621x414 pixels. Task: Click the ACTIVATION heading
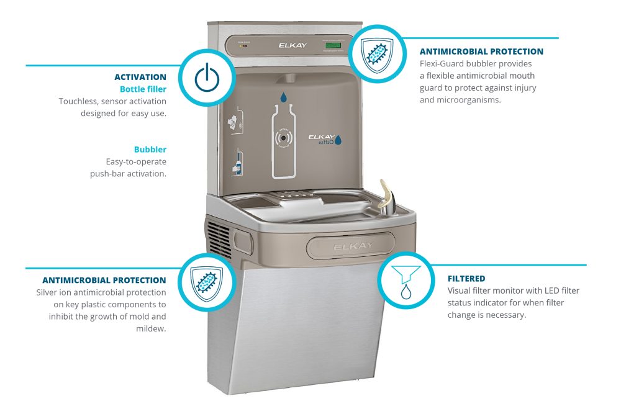point(140,78)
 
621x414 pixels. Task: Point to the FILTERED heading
point(466,279)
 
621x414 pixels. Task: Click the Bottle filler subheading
point(143,89)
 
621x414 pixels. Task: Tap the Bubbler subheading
point(150,150)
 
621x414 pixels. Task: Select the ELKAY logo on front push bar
point(353,246)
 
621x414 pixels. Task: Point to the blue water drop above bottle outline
point(283,97)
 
